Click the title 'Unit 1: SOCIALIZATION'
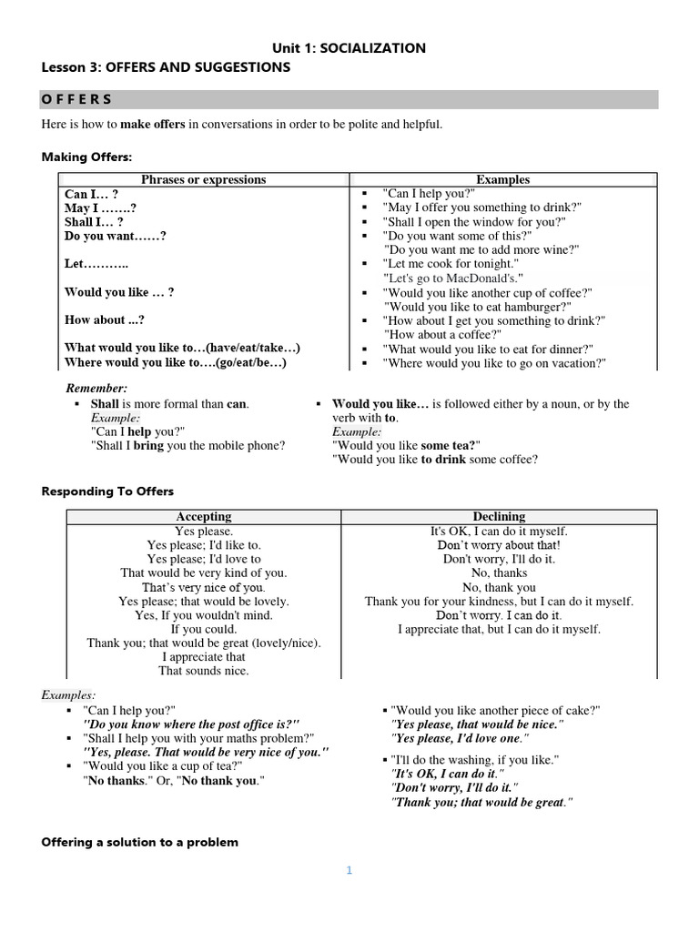coord(349,48)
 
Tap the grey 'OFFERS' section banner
coord(349,99)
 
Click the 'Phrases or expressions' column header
coord(204,179)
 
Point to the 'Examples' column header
coord(502,179)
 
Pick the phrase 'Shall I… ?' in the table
coord(94,222)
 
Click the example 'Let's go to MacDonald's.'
coord(454,278)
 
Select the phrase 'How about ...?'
coord(105,320)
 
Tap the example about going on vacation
coord(494,363)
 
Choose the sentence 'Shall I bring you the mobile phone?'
coord(187,445)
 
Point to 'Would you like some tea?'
coord(406,445)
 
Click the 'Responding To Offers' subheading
coord(107,491)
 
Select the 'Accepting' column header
coord(203,516)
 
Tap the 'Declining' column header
coord(499,516)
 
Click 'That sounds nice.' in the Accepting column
coord(203,670)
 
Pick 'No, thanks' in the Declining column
coord(499,573)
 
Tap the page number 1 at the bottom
coord(348,870)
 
